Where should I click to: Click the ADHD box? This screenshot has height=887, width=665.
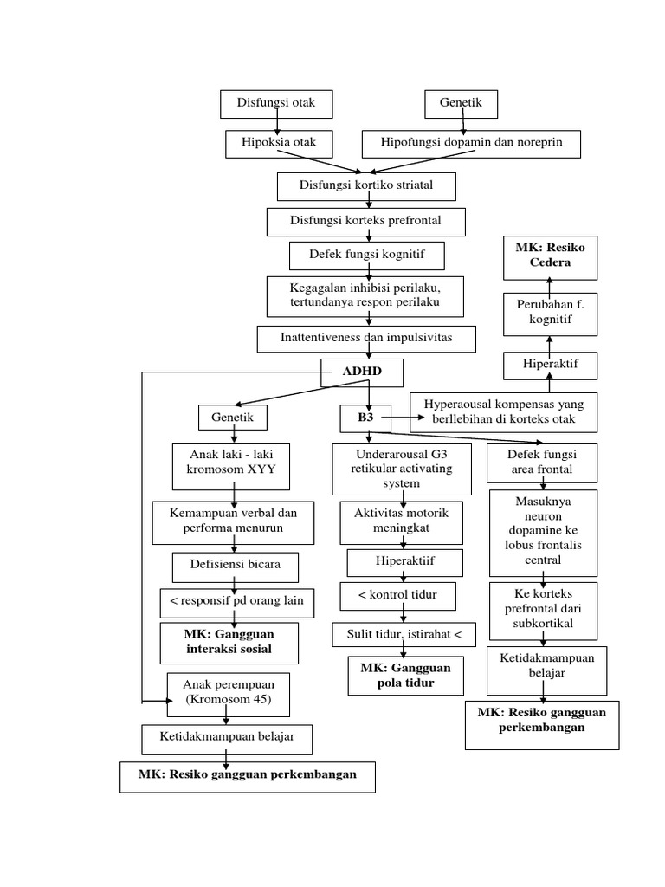point(362,373)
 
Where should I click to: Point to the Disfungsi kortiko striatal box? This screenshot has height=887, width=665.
point(365,185)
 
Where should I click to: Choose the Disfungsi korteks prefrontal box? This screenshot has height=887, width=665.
point(365,222)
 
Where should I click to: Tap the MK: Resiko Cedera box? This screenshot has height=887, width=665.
point(550,256)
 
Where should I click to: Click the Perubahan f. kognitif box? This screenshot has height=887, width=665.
point(550,313)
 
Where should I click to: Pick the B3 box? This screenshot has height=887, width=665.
point(365,418)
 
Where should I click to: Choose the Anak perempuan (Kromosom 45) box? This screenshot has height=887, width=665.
point(227,694)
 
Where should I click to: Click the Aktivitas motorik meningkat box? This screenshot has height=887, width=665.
point(401,521)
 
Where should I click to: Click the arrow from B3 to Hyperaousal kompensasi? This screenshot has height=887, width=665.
point(404,417)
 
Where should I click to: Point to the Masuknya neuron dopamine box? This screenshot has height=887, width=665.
point(542,532)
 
